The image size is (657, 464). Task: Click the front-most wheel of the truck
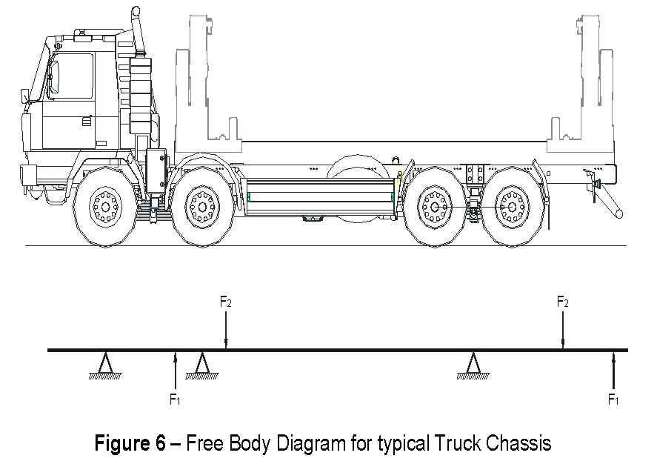(x=106, y=205)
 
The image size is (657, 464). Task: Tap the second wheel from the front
(x=201, y=205)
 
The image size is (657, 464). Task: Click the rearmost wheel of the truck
(x=511, y=205)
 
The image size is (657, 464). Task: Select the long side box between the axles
(x=320, y=196)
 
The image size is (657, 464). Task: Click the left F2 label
(x=227, y=302)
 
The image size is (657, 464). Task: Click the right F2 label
(x=563, y=302)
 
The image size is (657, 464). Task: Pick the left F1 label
(x=175, y=400)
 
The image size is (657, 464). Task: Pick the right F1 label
(x=613, y=400)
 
